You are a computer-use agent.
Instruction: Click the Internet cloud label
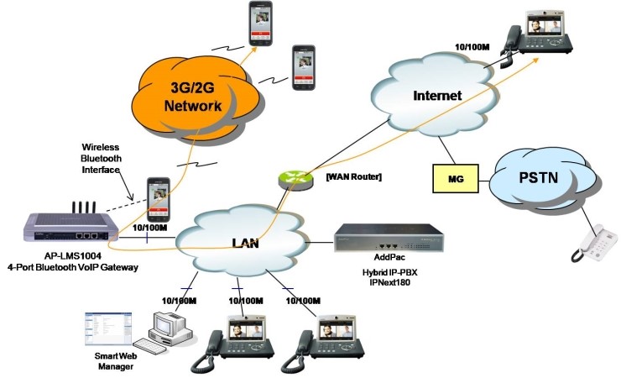pyautogui.click(x=437, y=96)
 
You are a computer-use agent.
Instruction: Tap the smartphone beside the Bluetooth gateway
pyautogui.click(x=159, y=198)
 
